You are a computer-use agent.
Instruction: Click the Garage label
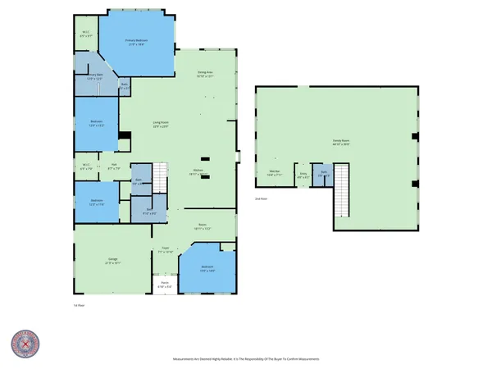point(112,261)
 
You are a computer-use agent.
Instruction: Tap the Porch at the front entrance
point(165,286)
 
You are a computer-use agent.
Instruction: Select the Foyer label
point(165,249)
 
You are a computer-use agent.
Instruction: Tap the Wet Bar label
point(275,173)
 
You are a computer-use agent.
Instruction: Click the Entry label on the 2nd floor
point(303,174)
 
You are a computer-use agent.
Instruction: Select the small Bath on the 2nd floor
point(324,174)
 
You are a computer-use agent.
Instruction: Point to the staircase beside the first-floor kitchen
point(162,174)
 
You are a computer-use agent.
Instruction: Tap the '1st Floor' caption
point(80,305)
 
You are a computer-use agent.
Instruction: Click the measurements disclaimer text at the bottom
point(246,359)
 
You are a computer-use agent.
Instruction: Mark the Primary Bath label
point(96,75)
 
